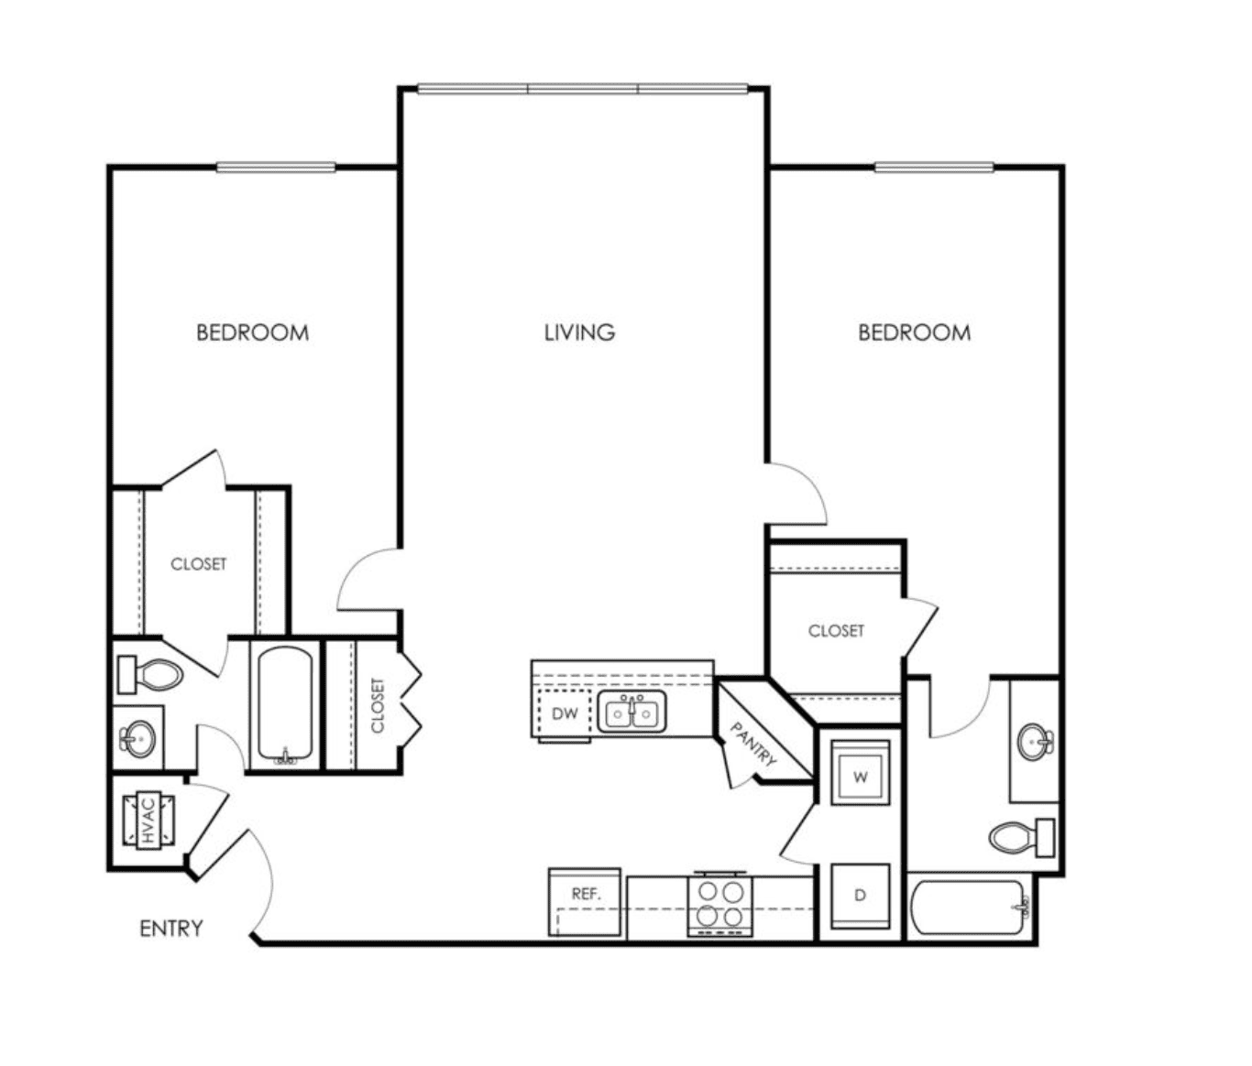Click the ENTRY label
pyautogui.click(x=171, y=928)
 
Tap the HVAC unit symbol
pyautogui.click(x=148, y=821)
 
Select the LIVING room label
pyautogui.click(x=579, y=332)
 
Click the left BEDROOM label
pyautogui.click(x=253, y=332)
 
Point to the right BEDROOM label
pyautogui.click(x=915, y=332)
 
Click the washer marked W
pyautogui.click(x=860, y=773)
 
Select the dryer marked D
pyautogui.click(x=860, y=897)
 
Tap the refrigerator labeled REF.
pyautogui.click(x=585, y=902)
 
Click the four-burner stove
pyautogui.click(x=720, y=905)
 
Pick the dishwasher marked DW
pyautogui.click(x=565, y=713)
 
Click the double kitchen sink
pyautogui.click(x=631, y=712)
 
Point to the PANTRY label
pyautogui.click(x=752, y=744)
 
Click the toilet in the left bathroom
pyautogui.click(x=149, y=674)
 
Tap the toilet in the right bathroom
pyautogui.click(x=1022, y=838)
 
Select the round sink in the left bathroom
pyautogui.click(x=137, y=738)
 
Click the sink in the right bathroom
pyautogui.click(x=1035, y=741)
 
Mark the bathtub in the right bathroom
pyautogui.click(x=970, y=907)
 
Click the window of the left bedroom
pyautogui.click(x=276, y=167)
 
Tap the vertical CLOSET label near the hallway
pyautogui.click(x=377, y=705)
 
